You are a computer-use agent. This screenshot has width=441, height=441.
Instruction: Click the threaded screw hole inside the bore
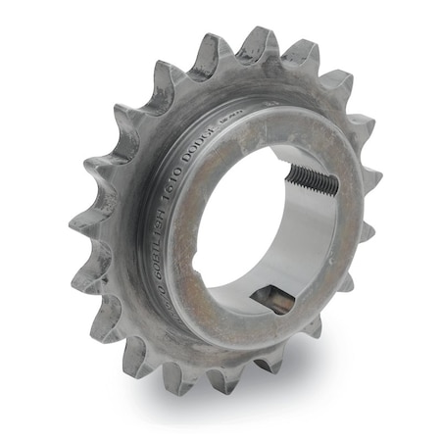[x=312, y=179]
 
